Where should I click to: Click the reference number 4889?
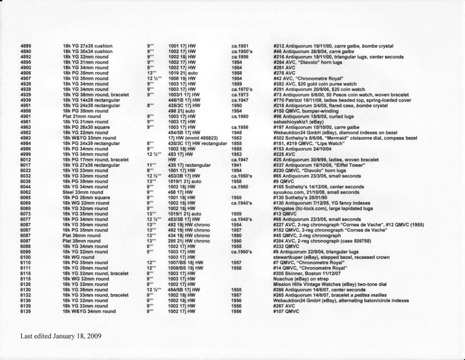(x=25, y=46)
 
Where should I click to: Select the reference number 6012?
(x=25, y=160)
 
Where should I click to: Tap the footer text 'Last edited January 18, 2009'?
(x=61, y=336)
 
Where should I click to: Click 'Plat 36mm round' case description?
(x=82, y=236)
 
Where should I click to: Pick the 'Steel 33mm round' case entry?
(x=83, y=192)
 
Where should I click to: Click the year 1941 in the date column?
(x=236, y=165)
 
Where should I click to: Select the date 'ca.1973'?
(x=240, y=95)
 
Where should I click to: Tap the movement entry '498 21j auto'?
(x=182, y=111)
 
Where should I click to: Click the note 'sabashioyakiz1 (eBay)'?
(x=298, y=122)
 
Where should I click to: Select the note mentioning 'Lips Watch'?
(x=309, y=143)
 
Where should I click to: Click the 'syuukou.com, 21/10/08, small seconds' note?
(x=316, y=192)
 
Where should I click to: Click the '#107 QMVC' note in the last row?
(x=287, y=312)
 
